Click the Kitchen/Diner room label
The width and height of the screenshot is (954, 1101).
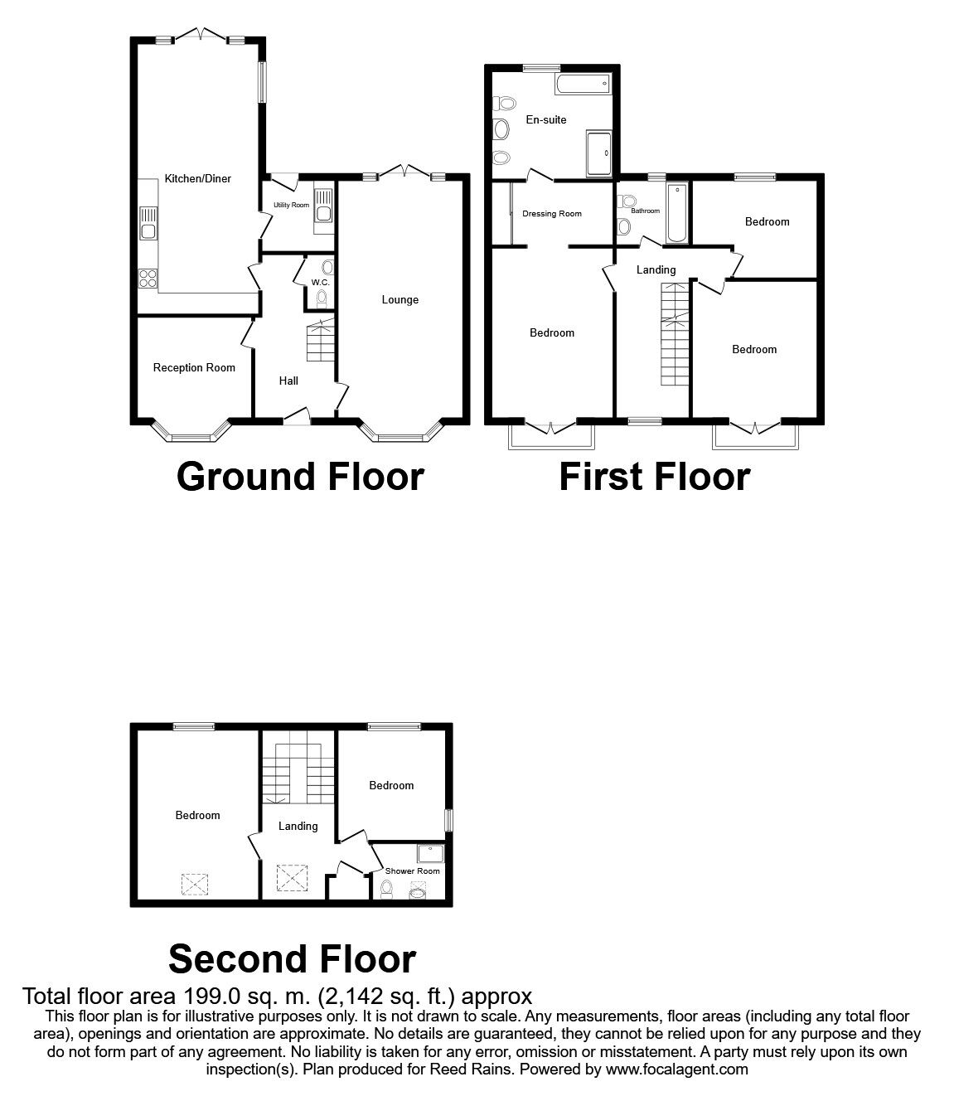pos(197,178)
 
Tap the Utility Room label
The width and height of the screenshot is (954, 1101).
pos(291,205)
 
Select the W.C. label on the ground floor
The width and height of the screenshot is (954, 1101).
pos(320,283)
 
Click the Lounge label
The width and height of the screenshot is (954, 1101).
pos(400,300)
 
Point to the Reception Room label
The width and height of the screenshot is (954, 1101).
pos(194,367)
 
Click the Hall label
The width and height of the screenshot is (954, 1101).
pos(288,381)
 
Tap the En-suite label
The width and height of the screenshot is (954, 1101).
pos(546,119)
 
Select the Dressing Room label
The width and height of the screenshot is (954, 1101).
pos(552,214)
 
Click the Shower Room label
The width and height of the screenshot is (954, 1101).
pos(413,871)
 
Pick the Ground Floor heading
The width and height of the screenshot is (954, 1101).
pos(300,477)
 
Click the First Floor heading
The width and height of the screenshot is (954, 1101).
pos(654,477)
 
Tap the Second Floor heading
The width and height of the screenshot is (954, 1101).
pos(292,958)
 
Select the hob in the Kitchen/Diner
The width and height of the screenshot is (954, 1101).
pos(148,279)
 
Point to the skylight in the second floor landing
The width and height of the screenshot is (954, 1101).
pos(291,878)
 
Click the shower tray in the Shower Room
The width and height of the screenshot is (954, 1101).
pos(431,853)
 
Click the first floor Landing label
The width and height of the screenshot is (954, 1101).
pos(656,269)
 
